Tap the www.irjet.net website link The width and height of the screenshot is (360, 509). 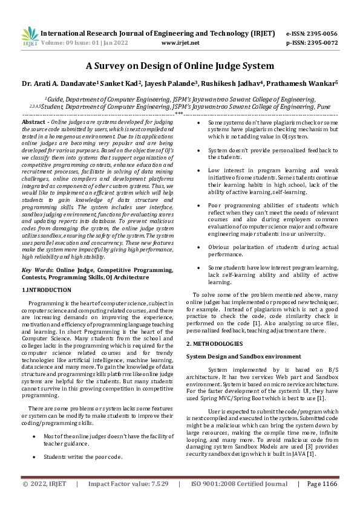click(181, 44)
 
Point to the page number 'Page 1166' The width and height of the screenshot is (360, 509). click(321, 501)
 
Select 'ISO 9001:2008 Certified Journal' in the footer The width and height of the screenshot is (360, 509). click(238, 501)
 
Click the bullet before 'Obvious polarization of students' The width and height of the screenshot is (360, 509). click(201, 246)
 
